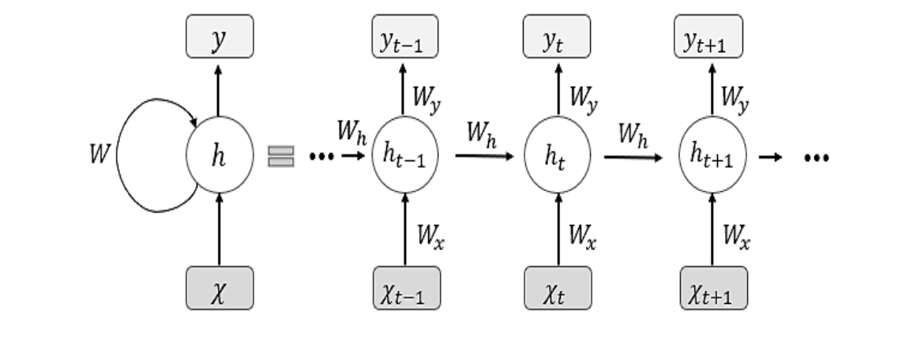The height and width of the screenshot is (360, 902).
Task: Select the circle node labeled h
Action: click(x=220, y=156)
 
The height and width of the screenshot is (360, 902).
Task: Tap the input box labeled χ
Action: click(x=220, y=287)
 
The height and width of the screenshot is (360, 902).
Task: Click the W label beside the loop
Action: click(x=100, y=156)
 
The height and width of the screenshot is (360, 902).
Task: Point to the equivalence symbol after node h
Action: click(x=280, y=156)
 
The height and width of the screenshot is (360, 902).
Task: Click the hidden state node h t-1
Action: click(x=406, y=156)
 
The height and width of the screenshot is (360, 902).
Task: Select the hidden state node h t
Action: click(x=558, y=156)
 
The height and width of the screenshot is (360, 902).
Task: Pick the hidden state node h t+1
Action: click(x=712, y=156)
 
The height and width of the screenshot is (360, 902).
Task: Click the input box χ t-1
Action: click(x=406, y=287)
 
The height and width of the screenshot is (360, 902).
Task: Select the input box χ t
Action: click(x=558, y=287)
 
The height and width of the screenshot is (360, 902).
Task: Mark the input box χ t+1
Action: click(x=712, y=287)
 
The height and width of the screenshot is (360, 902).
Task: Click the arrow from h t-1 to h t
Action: click(x=484, y=156)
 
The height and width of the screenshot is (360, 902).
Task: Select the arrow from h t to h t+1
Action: click(x=634, y=156)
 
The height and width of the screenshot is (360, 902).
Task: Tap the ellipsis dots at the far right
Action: click(x=816, y=157)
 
